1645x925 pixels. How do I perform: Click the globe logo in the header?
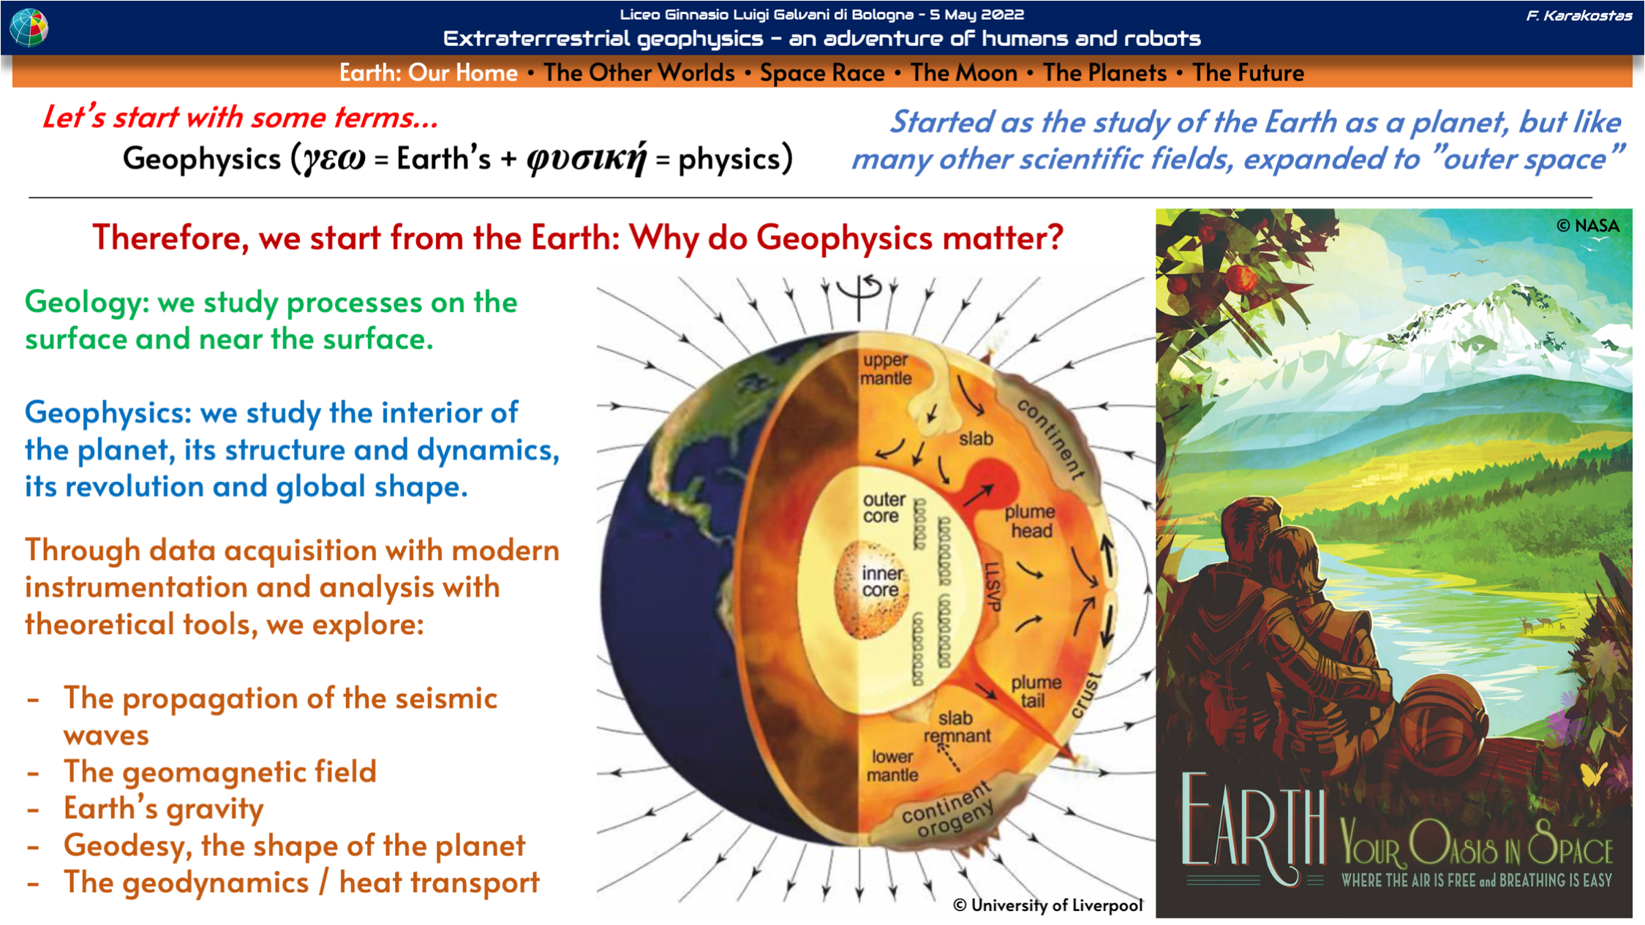click(29, 28)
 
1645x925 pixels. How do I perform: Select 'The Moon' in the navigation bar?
click(963, 73)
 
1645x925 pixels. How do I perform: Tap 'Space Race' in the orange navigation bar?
click(821, 73)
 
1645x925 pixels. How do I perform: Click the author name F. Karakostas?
click(1578, 15)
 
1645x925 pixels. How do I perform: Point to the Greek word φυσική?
click(586, 159)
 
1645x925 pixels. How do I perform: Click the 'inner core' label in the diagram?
click(881, 581)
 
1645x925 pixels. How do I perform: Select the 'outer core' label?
click(883, 507)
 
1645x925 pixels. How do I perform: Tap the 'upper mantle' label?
click(885, 369)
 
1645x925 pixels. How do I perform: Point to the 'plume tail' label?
click(1035, 691)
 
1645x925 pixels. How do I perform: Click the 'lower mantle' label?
click(892, 766)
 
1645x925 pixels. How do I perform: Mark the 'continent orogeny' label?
click(948, 811)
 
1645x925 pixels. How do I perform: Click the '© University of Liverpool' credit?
click(1047, 905)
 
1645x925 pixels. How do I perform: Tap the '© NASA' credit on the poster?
click(1588, 226)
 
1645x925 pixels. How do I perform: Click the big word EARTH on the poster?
click(1252, 820)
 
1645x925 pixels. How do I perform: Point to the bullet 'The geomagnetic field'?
click(219, 771)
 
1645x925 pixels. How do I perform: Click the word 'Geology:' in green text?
click(87, 303)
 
